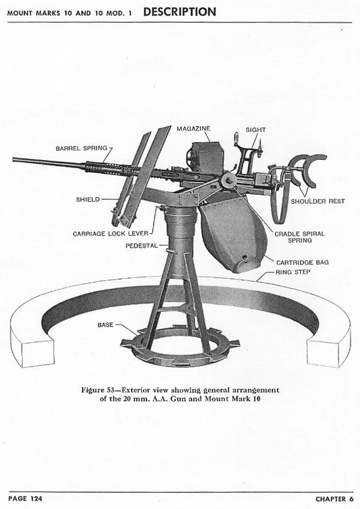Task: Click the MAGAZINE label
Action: click(193, 129)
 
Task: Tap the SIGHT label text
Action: click(256, 129)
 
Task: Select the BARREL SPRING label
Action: click(81, 148)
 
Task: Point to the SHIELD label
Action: click(88, 199)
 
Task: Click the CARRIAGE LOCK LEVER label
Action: click(111, 233)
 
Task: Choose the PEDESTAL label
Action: click(141, 246)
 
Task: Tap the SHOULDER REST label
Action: click(318, 201)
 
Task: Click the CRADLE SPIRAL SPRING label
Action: click(300, 237)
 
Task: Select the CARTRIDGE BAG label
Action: click(302, 262)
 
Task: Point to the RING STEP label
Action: click(293, 272)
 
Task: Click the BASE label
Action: click(105, 325)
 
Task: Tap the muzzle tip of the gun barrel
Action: click(14, 159)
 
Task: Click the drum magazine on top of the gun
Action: click(205, 158)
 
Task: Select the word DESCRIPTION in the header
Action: click(179, 12)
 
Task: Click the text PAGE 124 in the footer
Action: click(25, 498)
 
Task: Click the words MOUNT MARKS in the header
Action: click(34, 13)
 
